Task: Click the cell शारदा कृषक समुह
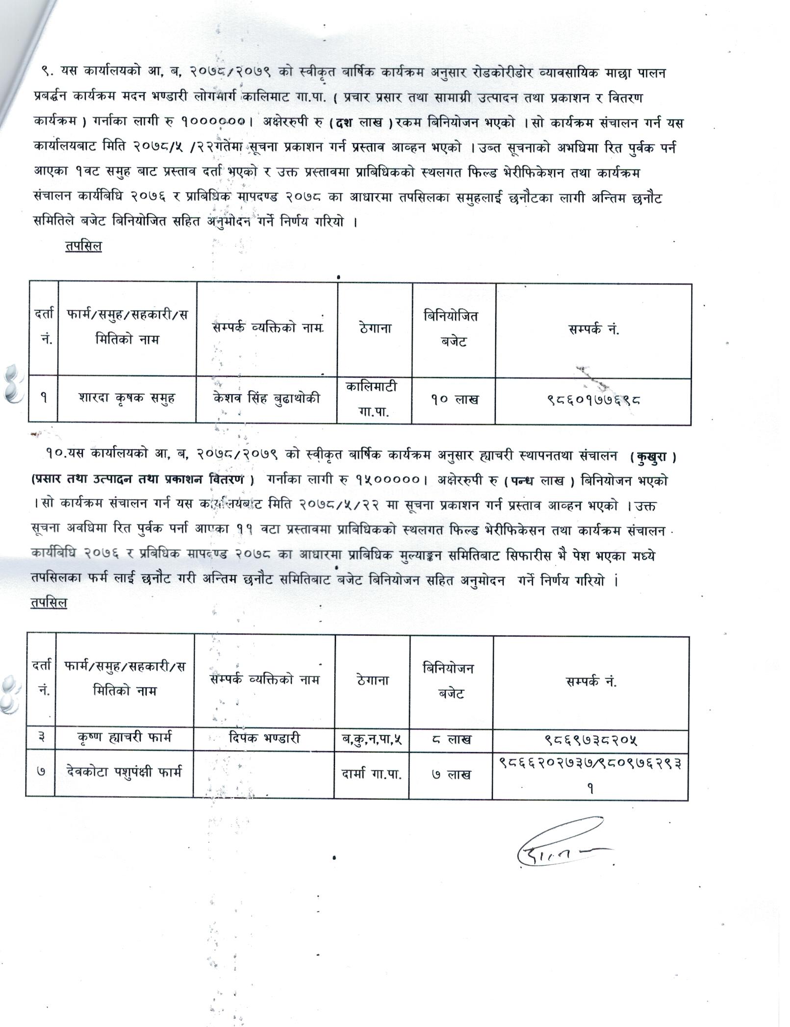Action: pos(127,398)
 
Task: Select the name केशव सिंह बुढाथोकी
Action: pos(267,398)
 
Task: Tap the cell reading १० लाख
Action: pos(454,400)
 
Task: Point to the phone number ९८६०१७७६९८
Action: pos(593,400)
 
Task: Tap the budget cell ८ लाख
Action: pos(451,739)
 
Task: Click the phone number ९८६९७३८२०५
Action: pos(590,739)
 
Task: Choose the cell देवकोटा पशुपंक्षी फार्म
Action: pos(125,772)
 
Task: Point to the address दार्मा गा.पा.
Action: pos(372,774)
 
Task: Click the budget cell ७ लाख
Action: pos(451,774)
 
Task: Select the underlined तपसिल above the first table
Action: pos(83,246)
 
